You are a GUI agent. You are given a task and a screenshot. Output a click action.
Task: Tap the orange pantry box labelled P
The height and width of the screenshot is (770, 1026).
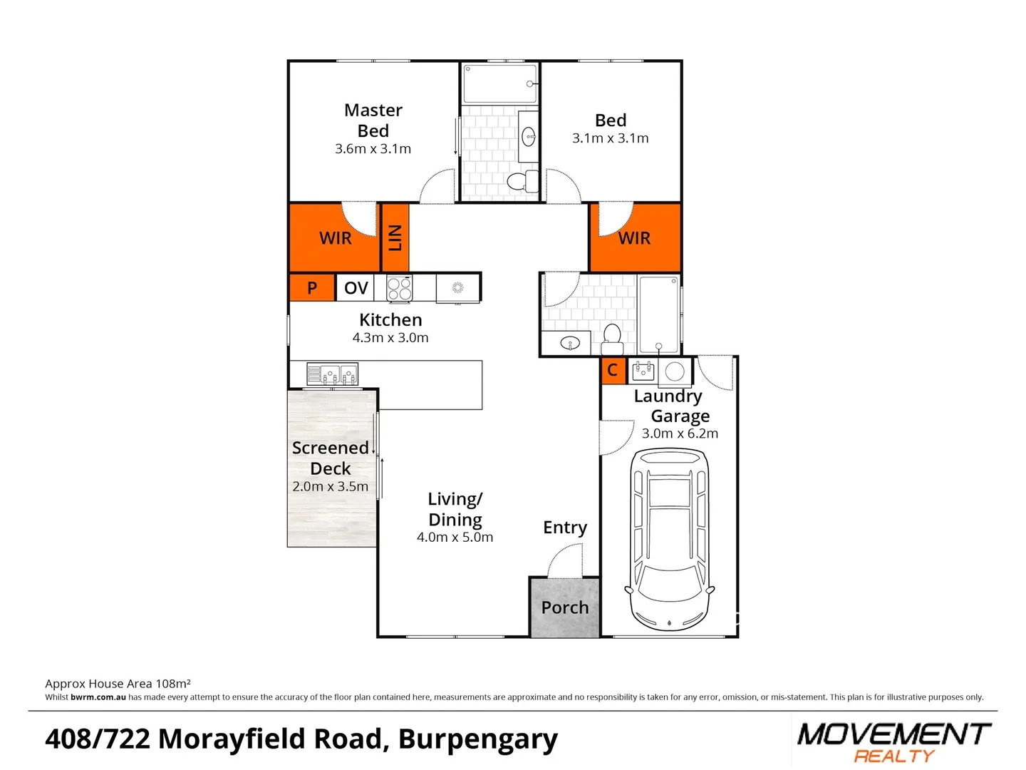point(312,288)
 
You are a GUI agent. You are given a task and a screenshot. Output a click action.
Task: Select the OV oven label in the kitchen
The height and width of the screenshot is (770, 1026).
point(356,288)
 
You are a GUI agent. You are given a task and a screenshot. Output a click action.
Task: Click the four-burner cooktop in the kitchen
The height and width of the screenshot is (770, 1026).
point(399,289)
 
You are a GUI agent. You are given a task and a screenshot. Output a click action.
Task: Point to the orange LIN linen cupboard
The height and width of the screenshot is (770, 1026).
point(395,237)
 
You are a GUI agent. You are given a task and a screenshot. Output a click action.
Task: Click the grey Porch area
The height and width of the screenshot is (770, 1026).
point(565,607)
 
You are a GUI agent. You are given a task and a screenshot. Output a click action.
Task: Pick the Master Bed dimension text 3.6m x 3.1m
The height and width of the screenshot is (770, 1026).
point(373,149)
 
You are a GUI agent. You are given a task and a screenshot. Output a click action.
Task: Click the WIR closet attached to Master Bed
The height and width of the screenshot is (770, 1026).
point(334,238)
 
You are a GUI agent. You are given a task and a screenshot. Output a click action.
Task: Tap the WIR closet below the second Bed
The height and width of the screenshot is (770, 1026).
point(634,238)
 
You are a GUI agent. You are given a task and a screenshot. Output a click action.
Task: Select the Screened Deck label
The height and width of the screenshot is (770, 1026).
point(331,458)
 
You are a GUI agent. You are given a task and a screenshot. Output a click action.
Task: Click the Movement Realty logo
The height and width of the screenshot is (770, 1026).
point(893,741)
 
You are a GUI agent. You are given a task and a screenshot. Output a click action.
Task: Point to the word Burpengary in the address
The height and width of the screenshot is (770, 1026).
point(477,739)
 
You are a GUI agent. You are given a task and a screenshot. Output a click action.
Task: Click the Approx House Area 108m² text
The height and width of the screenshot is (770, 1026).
point(118,684)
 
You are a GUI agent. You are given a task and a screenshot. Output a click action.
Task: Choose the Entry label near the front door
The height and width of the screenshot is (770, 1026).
point(565,528)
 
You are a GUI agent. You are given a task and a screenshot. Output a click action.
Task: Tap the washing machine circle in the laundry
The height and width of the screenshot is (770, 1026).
point(675,371)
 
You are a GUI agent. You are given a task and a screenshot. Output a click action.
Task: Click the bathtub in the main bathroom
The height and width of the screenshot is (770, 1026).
point(658,314)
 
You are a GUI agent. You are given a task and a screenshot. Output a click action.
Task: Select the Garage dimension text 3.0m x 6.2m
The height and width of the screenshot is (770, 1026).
point(680,433)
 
